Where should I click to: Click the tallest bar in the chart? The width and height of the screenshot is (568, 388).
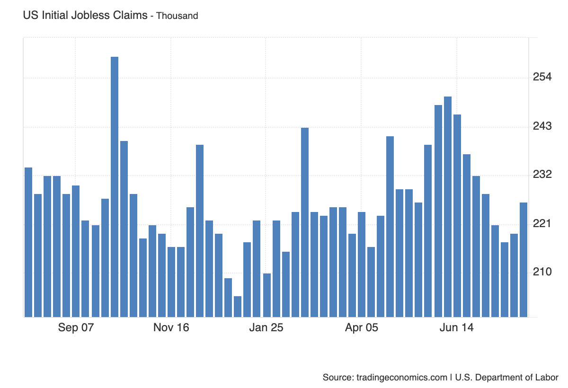tap(115, 187)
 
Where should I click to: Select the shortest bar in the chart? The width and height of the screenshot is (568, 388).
tap(238, 307)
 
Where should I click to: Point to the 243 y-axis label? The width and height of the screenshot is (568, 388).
tap(542, 126)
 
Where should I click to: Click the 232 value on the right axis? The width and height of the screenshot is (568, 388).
tap(542, 175)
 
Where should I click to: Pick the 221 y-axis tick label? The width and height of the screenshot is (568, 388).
tap(542, 224)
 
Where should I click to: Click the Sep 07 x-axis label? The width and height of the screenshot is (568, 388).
tap(76, 328)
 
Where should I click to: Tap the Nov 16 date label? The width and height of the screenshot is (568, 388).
tap(171, 328)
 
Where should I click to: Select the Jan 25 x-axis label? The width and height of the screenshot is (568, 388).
tap(266, 328)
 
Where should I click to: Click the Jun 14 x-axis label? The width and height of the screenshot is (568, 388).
tap(456, 328)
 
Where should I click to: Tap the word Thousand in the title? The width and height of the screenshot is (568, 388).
tap(177, 16)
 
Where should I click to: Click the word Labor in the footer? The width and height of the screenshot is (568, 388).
tap(547, 378)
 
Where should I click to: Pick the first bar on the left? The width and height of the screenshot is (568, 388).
tap(28, 242)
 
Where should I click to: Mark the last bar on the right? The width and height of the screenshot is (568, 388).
tap(524, 260)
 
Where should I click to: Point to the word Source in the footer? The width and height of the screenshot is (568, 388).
tap(337, 378)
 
